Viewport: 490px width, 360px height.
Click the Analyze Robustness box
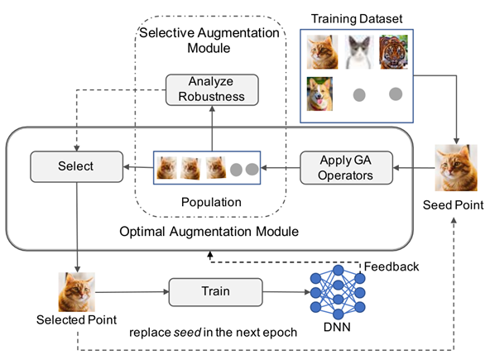click(x=212, y=89)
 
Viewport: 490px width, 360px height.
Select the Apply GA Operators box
click(x=346, y=168)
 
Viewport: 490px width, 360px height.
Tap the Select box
click(x=76, y=166)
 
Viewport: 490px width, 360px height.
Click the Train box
click(x=216, y=292)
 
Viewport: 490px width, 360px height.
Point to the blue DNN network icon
click(x=338, y=292)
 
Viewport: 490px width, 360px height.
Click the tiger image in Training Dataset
click(x=393, y=52)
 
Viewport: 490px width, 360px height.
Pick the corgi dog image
click(x=319, y=94)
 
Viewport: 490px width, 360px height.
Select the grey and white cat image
click(x=359, y=52)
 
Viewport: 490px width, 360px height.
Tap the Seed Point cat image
click(x=456, y=167)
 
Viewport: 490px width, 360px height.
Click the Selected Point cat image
click(x=76, y=292)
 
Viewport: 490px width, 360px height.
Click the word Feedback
click(x=392, y=266)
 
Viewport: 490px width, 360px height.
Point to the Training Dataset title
click(x=357, y=19)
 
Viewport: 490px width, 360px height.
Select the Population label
click(x=211, y=202)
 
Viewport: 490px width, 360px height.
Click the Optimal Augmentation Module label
click(x=209, y=232)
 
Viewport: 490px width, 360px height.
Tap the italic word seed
click(x=187, y=333)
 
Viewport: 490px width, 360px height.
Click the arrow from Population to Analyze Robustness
click(x=212, y=128)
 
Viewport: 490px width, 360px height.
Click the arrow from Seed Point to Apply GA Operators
click(x=414, y=168)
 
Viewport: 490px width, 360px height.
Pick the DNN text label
click(x=337, y=327)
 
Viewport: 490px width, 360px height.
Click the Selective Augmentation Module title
click(x=209, y=41)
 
